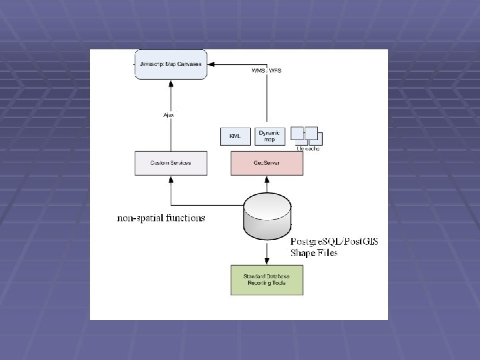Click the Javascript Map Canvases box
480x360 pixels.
(x=171, y=64)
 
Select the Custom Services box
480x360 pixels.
(x=171, y=163)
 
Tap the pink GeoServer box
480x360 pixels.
(x=266, y=163)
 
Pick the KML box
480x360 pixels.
(x=235, y=136)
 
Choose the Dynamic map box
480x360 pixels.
(x=271, y=136)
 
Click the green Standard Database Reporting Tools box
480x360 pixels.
(x=266, y=280)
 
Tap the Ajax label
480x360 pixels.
(x=169, y=115)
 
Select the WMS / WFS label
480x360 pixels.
(x=266, y=70)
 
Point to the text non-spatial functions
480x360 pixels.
(x=161, y=218)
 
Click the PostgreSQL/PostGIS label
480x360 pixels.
(x=334, y=241)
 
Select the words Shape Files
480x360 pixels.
(x=314, y=253)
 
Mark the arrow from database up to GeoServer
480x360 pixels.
(x=267, y=185)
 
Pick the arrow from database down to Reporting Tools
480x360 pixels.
(x=267, y=252)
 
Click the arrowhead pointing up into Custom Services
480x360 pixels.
(x=171, y=179)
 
